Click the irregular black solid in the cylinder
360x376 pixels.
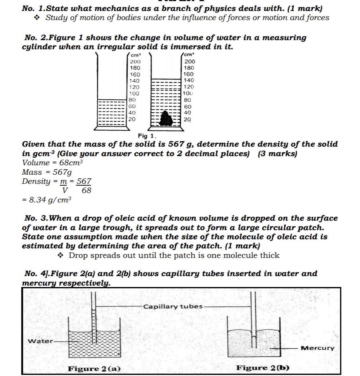[167, 118]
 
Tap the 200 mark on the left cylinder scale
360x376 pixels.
[135, 62]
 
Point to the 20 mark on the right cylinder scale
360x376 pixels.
[187, 119]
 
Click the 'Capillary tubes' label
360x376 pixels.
[173, 306]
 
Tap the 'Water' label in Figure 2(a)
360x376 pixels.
[40, 341]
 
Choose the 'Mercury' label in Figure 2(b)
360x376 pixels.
[317, 348]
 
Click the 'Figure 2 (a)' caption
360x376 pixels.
[94, 369]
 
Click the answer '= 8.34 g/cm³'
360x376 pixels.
[47, 200]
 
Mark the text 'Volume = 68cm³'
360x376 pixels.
[52, 163]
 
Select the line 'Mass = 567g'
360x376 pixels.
[47, 172]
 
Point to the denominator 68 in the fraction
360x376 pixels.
[86, 190]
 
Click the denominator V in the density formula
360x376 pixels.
[64, 190]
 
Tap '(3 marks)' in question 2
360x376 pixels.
[278, 154]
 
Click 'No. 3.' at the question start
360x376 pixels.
[36, 218]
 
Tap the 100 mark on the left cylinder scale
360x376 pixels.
[135, 93]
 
